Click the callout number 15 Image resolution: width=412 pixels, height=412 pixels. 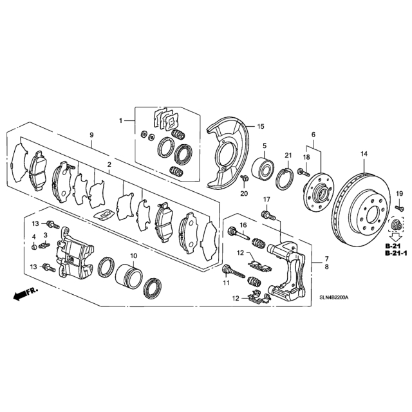pyautogui.click(x=261, y=126)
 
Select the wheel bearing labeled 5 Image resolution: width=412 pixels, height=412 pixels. pyautogui.click(x=263, y=167)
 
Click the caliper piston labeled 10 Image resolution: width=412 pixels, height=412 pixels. pyautogui.click(x=129, y=274)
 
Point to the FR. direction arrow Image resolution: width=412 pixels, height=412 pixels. pyautogui.click(x=25, y=294)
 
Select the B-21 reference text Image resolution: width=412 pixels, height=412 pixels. pyautogui.click(x=392, y=246)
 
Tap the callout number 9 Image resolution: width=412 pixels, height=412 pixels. pyautogui.click(x=91, y=135)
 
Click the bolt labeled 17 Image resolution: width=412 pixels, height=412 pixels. pyautogui.click(x=268, y=216)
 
